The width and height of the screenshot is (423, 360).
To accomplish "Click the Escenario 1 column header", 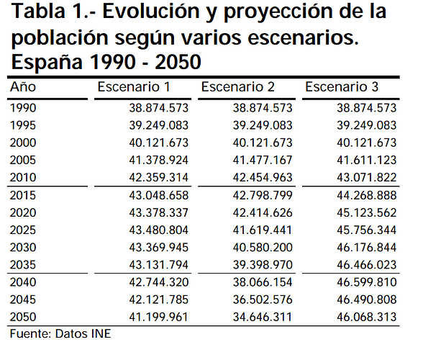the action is [134, 87].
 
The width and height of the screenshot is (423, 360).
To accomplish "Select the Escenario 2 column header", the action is [237, 87].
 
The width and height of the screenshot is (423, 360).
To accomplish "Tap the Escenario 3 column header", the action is [342, 87].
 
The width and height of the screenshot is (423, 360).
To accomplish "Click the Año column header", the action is [23, 86].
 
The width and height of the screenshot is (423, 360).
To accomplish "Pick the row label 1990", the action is [23, 108].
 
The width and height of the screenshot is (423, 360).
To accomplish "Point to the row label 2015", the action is [23, 196].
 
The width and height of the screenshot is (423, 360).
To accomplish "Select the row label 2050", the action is [23, 317].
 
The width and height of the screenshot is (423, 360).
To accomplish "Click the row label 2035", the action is [23, 265].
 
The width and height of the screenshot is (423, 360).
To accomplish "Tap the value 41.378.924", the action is [158, 160].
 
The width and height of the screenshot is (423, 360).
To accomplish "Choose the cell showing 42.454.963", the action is [263, 177].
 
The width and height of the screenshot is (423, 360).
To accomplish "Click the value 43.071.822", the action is [367, 177].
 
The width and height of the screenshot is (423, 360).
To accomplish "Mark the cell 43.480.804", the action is [158, 230].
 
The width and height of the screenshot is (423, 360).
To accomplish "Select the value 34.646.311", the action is [263, 317].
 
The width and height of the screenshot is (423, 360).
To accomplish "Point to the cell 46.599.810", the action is [367, 282].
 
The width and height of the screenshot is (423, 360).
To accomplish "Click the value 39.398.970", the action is [263, 265].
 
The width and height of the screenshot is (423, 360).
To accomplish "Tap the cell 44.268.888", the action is [367, 196].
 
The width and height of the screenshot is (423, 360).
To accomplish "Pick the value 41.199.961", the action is [158, 317].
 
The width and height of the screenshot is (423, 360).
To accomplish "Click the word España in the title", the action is [47, 62].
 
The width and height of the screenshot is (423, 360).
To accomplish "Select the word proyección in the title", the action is [278, 12].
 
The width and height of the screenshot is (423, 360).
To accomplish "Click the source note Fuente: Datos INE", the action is [60, 334].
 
